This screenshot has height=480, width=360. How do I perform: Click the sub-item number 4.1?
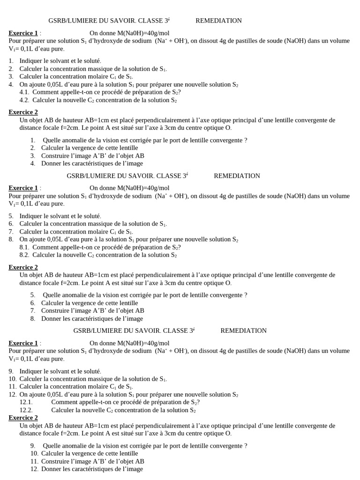[24, 92]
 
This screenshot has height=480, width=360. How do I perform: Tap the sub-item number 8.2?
[24, 255]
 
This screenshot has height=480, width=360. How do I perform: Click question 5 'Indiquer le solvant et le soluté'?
[60, 216]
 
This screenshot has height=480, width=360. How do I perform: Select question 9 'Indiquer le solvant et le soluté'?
[60, 371]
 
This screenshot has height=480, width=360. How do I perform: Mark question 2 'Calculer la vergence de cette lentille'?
[89, 148]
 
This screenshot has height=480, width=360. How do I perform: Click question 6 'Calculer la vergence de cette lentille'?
[89, 303]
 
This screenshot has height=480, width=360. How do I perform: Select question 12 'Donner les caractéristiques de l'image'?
[92, 469]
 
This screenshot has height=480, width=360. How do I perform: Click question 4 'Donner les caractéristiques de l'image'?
[92, 164]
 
